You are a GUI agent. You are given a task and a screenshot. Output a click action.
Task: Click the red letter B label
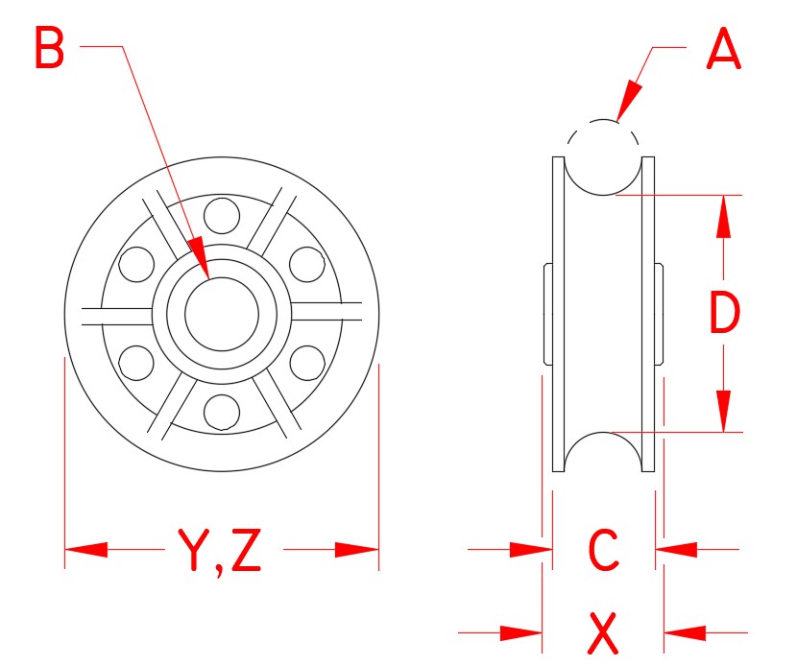click(x=50, y=49)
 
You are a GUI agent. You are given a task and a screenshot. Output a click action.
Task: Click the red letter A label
click(x=723, y=49)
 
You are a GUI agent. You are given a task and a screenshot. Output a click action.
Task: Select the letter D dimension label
click(x=724, y=314)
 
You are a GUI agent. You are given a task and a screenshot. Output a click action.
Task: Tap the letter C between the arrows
click(x=603, y=551)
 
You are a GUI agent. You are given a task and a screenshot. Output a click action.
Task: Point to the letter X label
click(x=603, y=632)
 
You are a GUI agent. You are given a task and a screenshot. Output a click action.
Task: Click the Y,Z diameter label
click(x=219, y=551)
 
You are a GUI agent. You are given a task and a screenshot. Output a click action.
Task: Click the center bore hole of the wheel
click(x=222, y=313)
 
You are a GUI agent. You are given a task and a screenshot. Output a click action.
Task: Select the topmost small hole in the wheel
click(x=222, y=214)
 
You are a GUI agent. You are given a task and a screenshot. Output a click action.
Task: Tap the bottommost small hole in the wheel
click(x=222, y=411)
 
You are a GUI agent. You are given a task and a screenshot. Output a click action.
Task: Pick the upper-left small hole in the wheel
click(x=136, y=263)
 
